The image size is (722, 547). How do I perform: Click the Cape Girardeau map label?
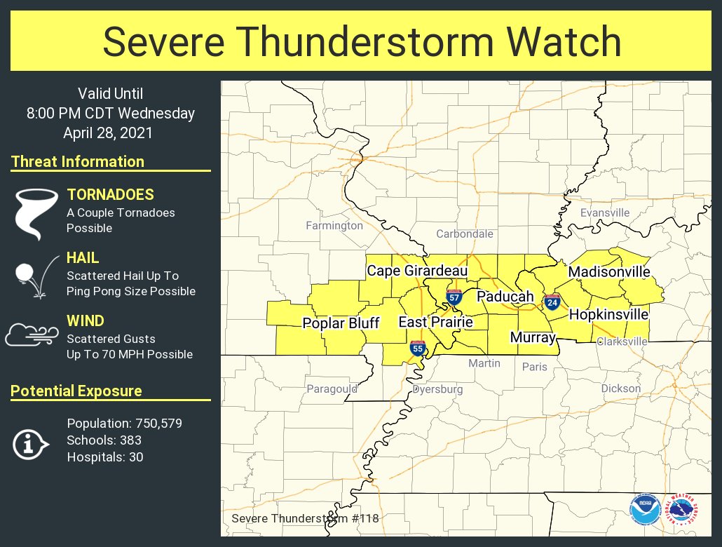click(417, 271)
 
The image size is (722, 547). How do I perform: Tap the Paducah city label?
click(505, 297)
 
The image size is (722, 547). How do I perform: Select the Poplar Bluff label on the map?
click(341, 323)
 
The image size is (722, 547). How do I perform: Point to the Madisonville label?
click(609, 271)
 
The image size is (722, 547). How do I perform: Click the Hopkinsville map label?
click(608, 315)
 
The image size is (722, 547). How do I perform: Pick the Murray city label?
click(533, 337)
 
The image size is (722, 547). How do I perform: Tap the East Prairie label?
click(435, 322)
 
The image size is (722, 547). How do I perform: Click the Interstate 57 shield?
click(454, 297)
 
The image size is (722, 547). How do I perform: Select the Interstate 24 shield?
click(552, 302)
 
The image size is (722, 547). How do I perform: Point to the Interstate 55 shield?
click(418, 348)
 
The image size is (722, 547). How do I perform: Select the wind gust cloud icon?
click(32, 335)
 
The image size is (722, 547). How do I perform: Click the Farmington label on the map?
click(334, 226)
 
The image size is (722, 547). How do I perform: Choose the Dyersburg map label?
click(437, 389)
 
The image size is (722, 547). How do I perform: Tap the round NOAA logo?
click(643, 510)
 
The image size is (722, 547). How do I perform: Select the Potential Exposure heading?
click(76, 391)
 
